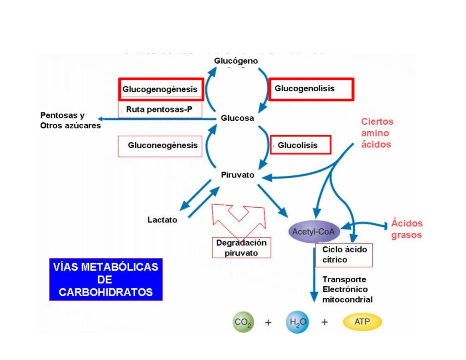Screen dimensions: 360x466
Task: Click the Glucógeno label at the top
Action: (x=236, y=61)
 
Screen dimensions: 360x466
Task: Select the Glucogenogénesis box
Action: (x=161, y=89)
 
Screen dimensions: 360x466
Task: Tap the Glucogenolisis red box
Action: (x=311, y=89)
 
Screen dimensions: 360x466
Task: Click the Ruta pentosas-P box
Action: (x=160, y=110)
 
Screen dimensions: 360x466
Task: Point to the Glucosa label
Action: (x=237, y=118)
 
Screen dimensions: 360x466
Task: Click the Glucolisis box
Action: (x=300, y=145)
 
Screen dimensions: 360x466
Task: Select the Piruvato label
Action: (x=238, y=175)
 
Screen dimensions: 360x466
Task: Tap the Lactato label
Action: (x=162, y=220)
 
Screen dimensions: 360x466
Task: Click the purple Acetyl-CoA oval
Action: (x=314, y=231)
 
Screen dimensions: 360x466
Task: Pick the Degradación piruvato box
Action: (x=242, y=248)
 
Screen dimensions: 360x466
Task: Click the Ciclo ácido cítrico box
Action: (x=344, y=255)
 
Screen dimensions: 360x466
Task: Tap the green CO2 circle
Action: (x=243, y=322)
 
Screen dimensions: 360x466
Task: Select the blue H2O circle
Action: (x=297, y=322)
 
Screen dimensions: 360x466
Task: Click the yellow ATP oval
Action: (x=362, y=322)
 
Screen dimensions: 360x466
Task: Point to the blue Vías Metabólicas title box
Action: (x=106, y=279)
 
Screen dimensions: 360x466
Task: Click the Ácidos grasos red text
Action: (x=407, y=229)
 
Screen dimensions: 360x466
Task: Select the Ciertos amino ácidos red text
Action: (x=377, y=133)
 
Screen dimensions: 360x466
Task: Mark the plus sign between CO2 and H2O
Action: (x=268, y=322)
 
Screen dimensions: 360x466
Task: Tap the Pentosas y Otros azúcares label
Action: (x=70, y=120)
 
